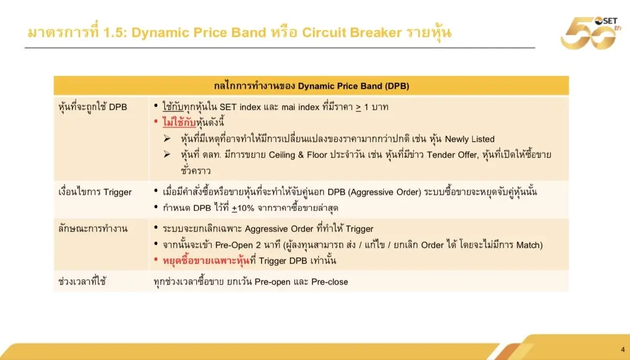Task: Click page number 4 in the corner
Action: pos(622,350)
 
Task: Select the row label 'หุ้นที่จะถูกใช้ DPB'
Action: pos(92,107)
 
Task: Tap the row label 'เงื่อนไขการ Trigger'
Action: pos(94,192)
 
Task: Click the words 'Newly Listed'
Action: pos(470,139)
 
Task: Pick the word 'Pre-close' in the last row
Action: pos(330,282)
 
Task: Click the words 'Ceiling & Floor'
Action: pos(299,155)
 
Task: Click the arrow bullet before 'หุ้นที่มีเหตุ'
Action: pos(167,139)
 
